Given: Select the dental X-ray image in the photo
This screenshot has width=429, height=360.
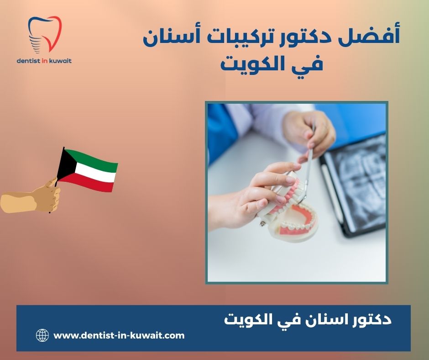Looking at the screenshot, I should [356, 183].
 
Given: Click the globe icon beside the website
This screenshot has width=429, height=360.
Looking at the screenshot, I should [42, 336].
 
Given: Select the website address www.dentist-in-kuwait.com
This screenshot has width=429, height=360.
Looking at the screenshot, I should [119, 335].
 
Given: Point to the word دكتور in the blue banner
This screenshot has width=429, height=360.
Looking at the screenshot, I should [365, 319].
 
